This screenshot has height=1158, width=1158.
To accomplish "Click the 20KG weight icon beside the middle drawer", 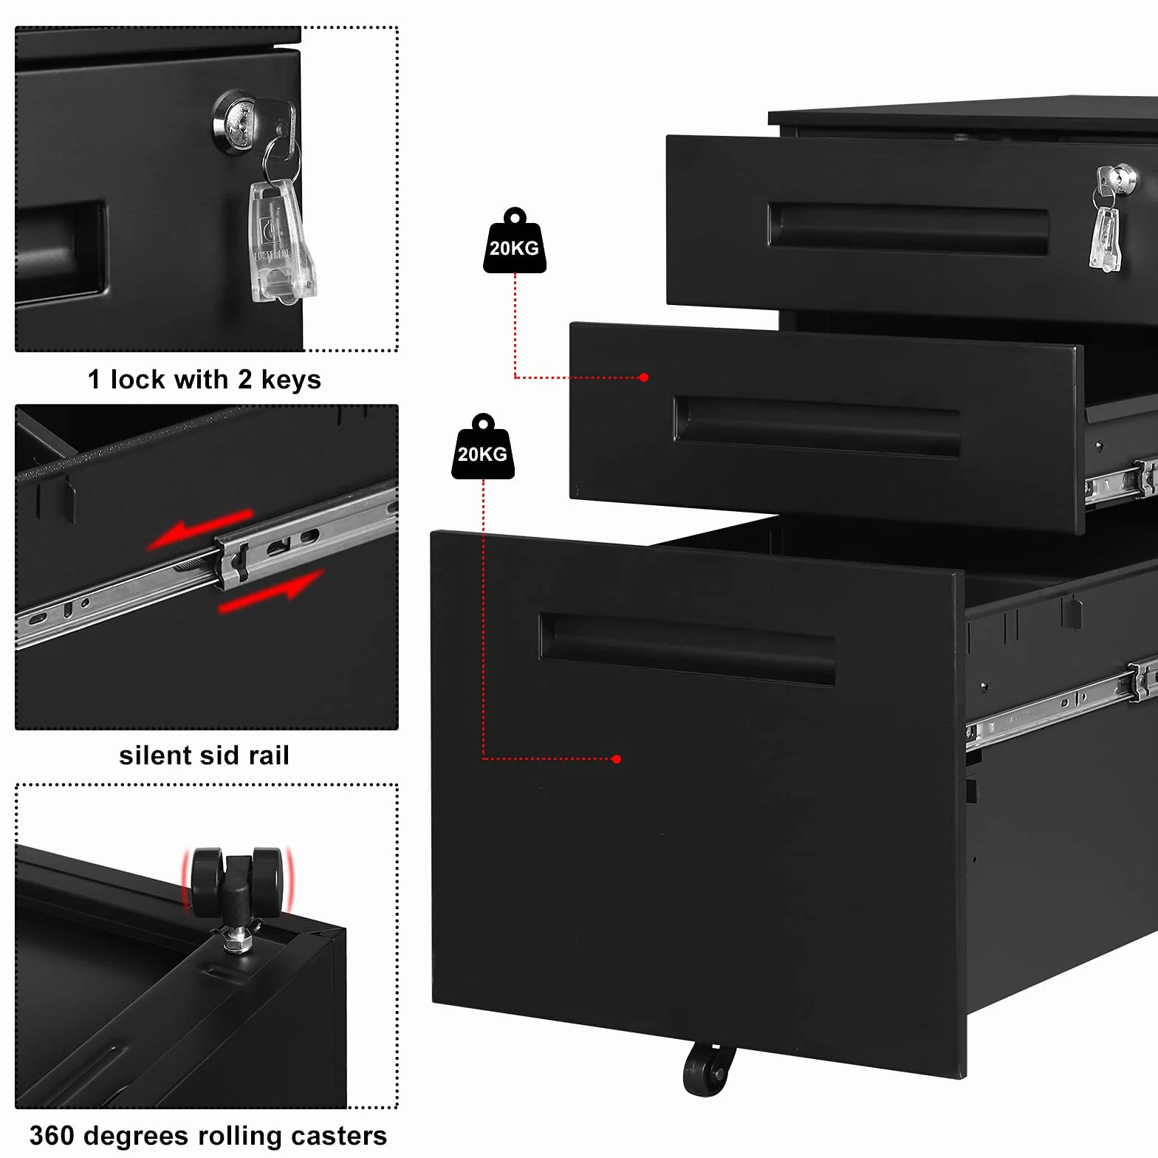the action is point(515,241).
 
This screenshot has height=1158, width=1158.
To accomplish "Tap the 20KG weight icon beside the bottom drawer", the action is point(483,447).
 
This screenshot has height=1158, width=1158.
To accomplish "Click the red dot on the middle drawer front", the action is point(643,377).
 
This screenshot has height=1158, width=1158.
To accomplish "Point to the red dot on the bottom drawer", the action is point(617,759).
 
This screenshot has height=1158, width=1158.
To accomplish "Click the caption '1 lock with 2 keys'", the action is point(205,380).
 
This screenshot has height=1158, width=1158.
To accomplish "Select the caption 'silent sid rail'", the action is point(205,756).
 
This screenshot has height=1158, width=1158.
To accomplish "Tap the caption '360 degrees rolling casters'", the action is point(208,1136).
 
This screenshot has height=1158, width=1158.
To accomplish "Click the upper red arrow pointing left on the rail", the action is point(199,529).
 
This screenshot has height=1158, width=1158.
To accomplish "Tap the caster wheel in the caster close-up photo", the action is point(237,882).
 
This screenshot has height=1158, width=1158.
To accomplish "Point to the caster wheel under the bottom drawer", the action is point(707,1069).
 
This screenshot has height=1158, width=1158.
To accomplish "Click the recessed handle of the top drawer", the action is point(908,229).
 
